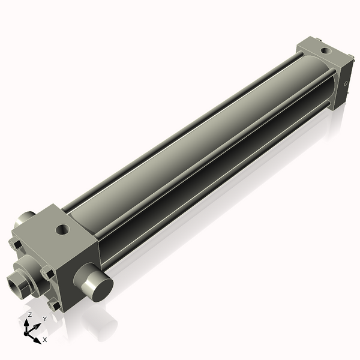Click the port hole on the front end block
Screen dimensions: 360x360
coord(62,229)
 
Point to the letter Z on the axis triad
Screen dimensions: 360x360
coord(29,314)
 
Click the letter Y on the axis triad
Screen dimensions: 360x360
coord(44,319)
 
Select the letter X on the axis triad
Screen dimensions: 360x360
coord(45,340)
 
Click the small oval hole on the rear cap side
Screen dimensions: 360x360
coord(346,85)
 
